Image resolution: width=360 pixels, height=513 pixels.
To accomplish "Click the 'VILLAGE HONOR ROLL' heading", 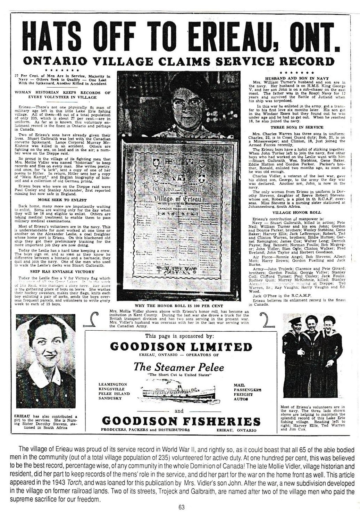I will [x=296, y=212].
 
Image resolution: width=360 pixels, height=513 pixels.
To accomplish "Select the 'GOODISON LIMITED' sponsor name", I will [x=181, y=347].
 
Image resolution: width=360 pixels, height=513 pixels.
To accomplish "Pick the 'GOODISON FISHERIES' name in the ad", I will [x=181, y=421].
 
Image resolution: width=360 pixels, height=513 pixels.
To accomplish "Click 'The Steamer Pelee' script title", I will [x=178, y=367].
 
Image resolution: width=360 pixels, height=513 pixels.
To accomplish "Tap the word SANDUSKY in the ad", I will [x=110, y=398].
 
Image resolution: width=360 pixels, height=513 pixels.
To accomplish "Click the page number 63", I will [x=181, y=507].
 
